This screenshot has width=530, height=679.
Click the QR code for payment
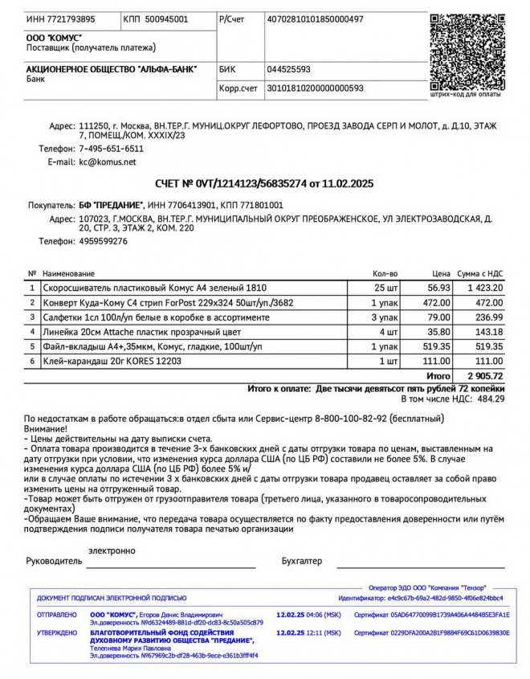467,50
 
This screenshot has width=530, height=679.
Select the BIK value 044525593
288,69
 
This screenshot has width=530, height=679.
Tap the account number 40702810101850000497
315,18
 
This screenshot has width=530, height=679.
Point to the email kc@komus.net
108,162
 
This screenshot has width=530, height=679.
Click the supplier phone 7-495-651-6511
111,149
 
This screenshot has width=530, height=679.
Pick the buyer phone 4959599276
103,241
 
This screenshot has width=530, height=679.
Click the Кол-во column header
385,274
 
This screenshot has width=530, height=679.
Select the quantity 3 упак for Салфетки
384,317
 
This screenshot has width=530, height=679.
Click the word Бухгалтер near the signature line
302,560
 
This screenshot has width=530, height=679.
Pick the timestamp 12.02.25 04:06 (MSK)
308,615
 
